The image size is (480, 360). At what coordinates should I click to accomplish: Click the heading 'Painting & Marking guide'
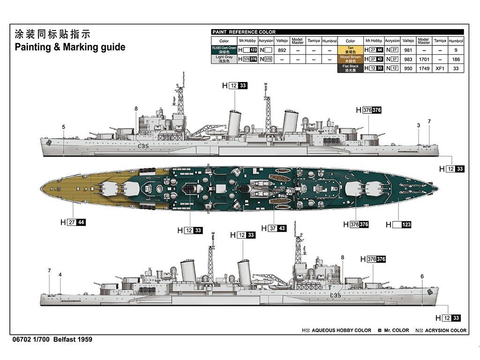(70, 47)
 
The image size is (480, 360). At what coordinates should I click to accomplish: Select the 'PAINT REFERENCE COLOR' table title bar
(337, 32)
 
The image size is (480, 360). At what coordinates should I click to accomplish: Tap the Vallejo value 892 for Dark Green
(282, 50)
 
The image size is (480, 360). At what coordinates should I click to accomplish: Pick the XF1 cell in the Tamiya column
(440, 68)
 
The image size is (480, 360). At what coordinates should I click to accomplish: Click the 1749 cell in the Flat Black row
(424, 68)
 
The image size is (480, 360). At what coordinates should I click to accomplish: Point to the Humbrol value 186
(456, 60)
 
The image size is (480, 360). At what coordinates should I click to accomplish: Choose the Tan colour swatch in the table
(350, 50)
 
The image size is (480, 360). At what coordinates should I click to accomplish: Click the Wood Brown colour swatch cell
(350, 59)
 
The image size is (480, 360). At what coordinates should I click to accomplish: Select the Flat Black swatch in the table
(350, 68)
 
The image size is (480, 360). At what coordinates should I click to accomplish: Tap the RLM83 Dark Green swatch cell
(225, 50)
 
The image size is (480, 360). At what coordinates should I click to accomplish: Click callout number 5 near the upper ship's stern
(64, 127)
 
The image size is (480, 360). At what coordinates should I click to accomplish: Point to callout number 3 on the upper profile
(418, 125)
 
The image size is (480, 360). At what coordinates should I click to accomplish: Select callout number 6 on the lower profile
(422, 276)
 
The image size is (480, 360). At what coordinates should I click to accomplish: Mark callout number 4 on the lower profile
(60, 275)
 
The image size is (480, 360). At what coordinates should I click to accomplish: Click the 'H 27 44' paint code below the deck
(73, 222)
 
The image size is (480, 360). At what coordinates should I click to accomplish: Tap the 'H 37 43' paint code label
(277, 228)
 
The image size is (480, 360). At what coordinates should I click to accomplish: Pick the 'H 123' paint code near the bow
(398, 225)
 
